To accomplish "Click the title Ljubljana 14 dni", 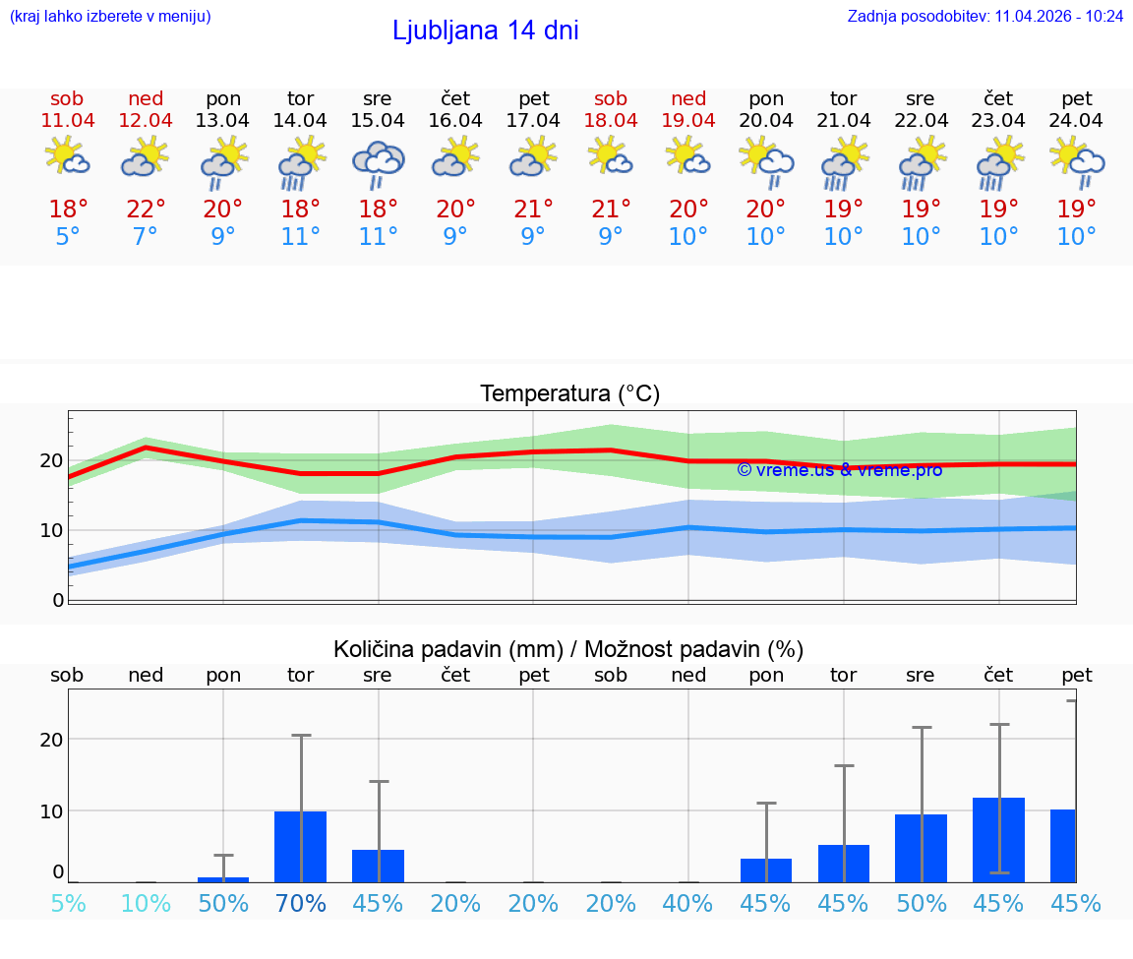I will pyautogui.click(x=485, y=30).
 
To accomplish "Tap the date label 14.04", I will pyautogui.click(x=300, y=121).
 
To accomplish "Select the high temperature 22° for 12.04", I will pyautogui.click(x=146, y=210).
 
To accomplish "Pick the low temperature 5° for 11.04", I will pyautogui.click(x=68, y=237).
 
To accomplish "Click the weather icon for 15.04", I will pyautogui.click(x=379, y=163).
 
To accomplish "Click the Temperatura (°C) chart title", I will pyautogui.click(x=569, y=394).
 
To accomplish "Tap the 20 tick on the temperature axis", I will pyautogui.click(x=51, y=460).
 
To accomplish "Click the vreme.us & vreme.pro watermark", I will pyautogui.click(x=839, y=470).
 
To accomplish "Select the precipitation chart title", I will pyautogui.click(x=568, y=649).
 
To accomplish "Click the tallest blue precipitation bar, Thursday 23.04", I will pyautogui.click(x=999, y=840).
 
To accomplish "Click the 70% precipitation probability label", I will pyautogui.click(x=301, y=904).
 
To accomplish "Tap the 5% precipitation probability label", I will pyautogui.click(x=68, y=904).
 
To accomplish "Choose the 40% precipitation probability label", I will pyautogui.click(x=688, y=904).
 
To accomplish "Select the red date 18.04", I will pyautogui.click(x=611, y=121).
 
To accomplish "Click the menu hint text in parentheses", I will pyautogui.click(x=110, y=16).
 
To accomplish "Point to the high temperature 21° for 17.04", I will pyautogui.click(x=533, y=210).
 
